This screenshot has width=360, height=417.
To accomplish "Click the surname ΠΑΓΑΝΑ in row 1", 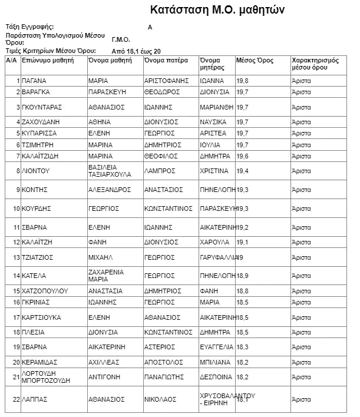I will pos(35,81).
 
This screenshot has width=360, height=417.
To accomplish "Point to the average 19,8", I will pos(243,81).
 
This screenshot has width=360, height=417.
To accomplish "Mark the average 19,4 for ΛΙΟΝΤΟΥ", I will pos(243,171).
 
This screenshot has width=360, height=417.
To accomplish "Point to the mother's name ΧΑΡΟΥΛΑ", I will pos(214,242).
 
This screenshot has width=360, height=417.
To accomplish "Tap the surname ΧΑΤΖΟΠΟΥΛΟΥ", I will pos(45,291).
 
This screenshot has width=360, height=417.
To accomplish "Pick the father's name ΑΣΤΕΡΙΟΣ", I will pos(160,346).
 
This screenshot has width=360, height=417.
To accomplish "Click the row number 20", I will pos(16,362).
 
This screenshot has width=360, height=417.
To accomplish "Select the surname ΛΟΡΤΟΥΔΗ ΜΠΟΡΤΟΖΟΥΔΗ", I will pos(45,377).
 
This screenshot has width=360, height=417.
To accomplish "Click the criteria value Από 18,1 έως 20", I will pos(136,51).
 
